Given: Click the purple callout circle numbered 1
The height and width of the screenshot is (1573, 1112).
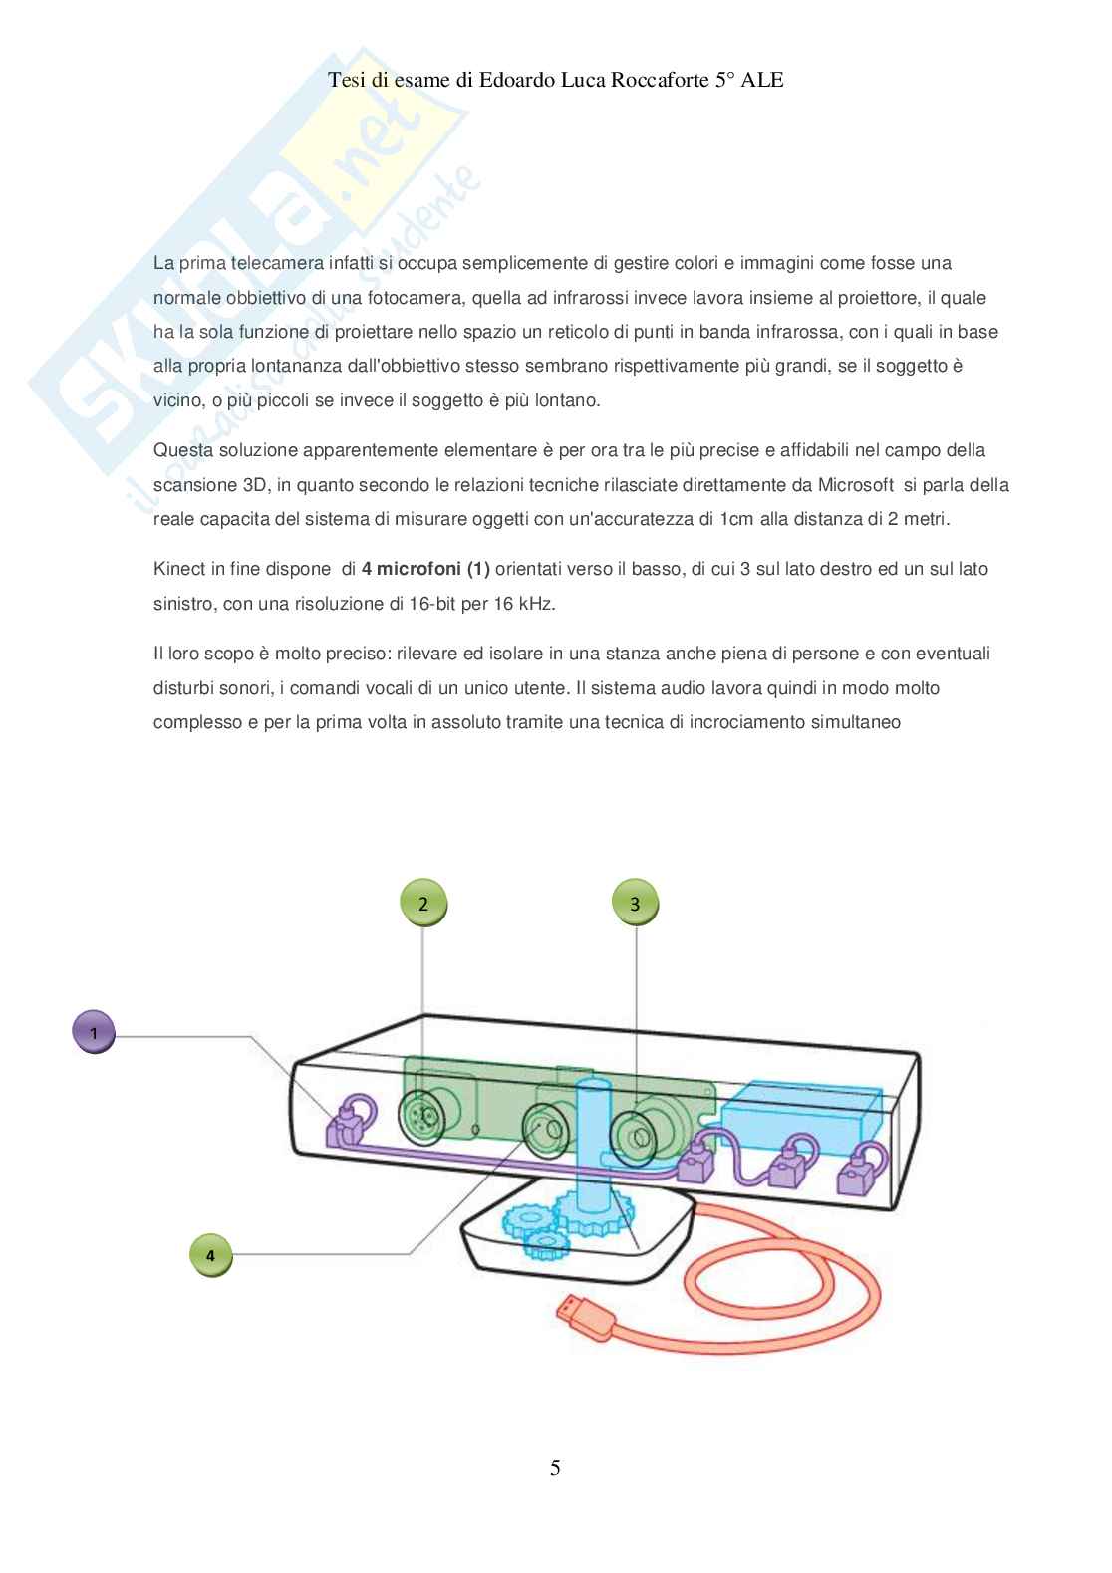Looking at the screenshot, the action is pyautogui.click(x=95, y=1033).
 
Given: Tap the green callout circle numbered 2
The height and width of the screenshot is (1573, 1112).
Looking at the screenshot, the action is pyautogui.click(x=423, y=904).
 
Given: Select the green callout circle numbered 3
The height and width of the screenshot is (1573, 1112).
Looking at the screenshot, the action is pyautogui.click(x=636, y=904).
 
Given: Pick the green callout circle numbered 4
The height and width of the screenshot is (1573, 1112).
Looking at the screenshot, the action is pyautogui.click(x=210, y=1255).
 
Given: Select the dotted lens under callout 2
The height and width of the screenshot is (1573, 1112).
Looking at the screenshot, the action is pyautogui.click(x=422, y=1115).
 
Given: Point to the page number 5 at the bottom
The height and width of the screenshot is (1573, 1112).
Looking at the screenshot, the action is pyautogui.click(x=555, y=1467).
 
